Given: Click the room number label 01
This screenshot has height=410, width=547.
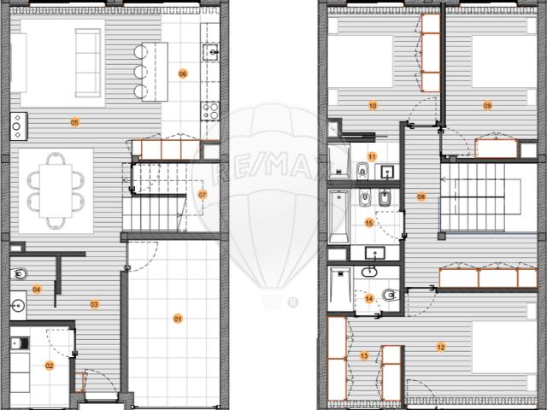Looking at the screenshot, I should pyautogui.click(x=179, y=319).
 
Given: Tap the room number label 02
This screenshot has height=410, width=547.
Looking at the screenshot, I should pyautogui.click(x=50, y=366).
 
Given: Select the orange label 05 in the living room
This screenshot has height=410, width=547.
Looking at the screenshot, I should pyautogui.click(x=74, y=122).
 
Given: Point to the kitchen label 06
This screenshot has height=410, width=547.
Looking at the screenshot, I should pyautogui.click(x=182, y=73).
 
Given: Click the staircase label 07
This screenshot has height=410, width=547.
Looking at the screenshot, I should pyautogui.click(x=203, y=195).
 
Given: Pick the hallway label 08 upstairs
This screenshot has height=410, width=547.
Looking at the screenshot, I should pyautogui.click(x=421, y=197).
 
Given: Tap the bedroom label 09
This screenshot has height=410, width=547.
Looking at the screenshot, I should pyautogui.click(x=487, y=106).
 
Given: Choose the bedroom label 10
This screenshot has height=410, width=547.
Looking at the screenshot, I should pyautogui.click(x=373, y=106).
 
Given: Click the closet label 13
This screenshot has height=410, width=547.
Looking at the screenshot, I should pyautogui.click(x=363, y=355).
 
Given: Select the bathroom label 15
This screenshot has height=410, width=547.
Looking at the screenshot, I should pyautogui.click(x=369, y=223).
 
